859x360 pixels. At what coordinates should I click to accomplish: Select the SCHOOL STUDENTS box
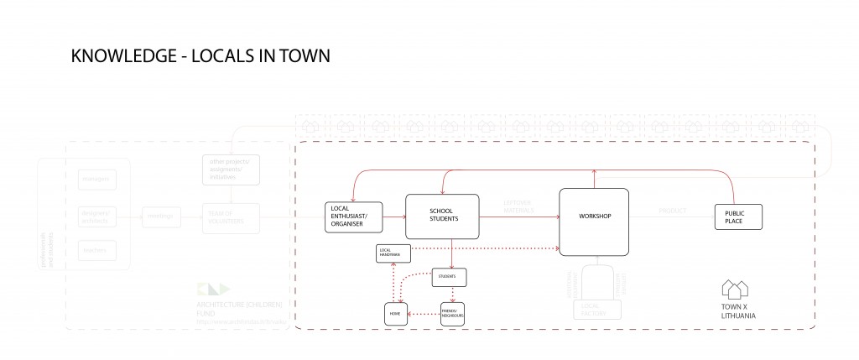441,216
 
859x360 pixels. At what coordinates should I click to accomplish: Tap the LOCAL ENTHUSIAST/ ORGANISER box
352,217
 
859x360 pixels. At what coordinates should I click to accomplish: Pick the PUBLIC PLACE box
737,217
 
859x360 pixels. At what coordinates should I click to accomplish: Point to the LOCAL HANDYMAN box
393,252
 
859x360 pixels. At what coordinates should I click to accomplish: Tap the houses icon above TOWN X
735,290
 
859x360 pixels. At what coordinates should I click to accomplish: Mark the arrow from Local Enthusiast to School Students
393,217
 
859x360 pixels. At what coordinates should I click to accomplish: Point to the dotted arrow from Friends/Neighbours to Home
424,314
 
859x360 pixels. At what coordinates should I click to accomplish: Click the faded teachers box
94,249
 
